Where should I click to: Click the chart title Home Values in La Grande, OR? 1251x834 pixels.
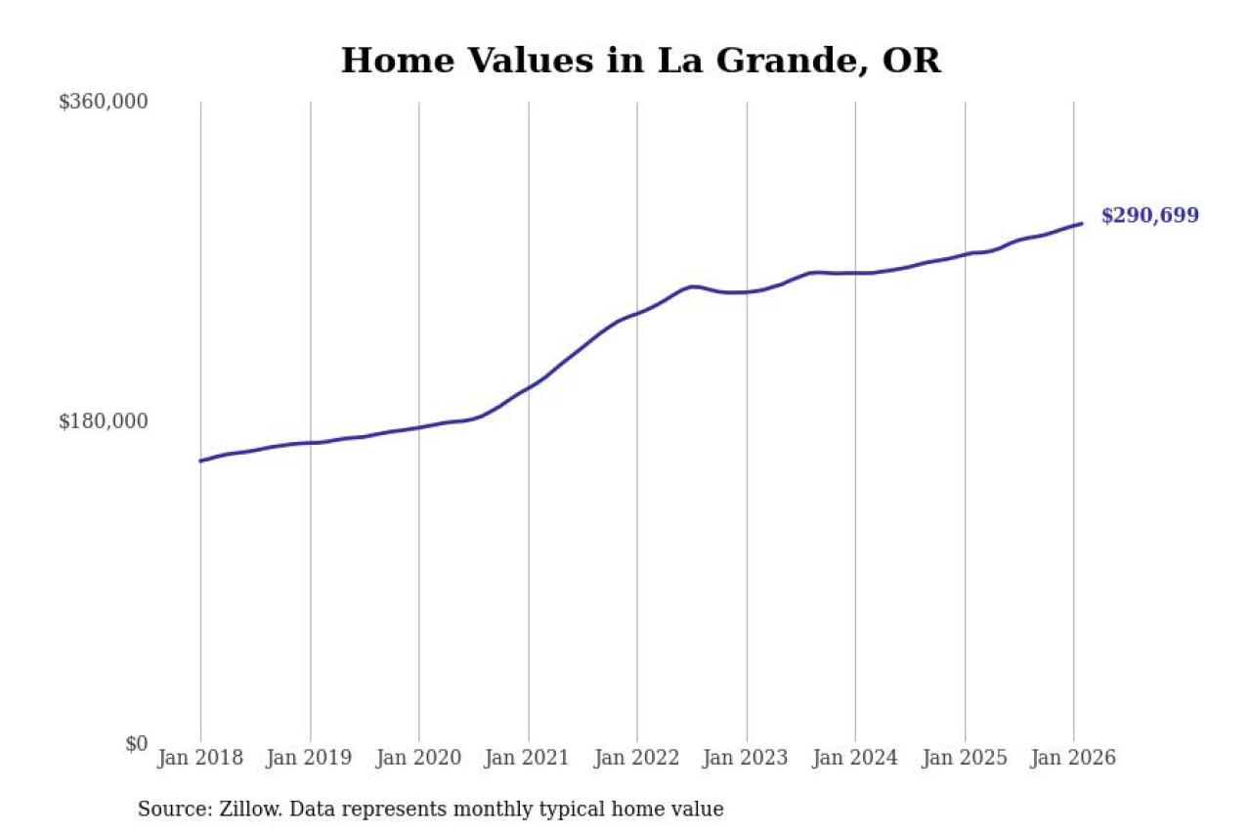click(640, 61)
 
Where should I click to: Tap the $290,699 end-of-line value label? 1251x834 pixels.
click(1149, 216)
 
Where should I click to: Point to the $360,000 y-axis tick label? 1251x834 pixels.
click(103, 102)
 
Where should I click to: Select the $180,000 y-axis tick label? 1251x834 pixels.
click(103, 421)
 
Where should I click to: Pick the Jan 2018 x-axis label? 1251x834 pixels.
click(200, 758)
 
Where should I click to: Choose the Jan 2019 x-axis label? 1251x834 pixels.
click(310, 758)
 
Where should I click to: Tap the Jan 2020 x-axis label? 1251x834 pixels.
click(418, 758)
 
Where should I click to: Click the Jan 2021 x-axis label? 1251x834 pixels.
click(528, 758)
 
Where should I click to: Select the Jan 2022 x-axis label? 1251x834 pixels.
click(637, 758)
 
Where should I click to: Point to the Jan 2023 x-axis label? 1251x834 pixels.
click(747, 758)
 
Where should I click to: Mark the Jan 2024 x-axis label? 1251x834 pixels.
click(855, 758)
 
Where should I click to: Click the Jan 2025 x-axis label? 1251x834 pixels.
click(965, 758)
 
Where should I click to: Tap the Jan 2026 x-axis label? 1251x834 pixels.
click(1073, 758)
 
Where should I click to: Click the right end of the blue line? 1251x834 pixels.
click(1081, 224)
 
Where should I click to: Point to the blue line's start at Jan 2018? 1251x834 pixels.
click(200, 461)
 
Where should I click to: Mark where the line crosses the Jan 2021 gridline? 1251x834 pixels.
click(529, 386)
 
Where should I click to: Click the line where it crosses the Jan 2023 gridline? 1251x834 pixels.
click(747, 291)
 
